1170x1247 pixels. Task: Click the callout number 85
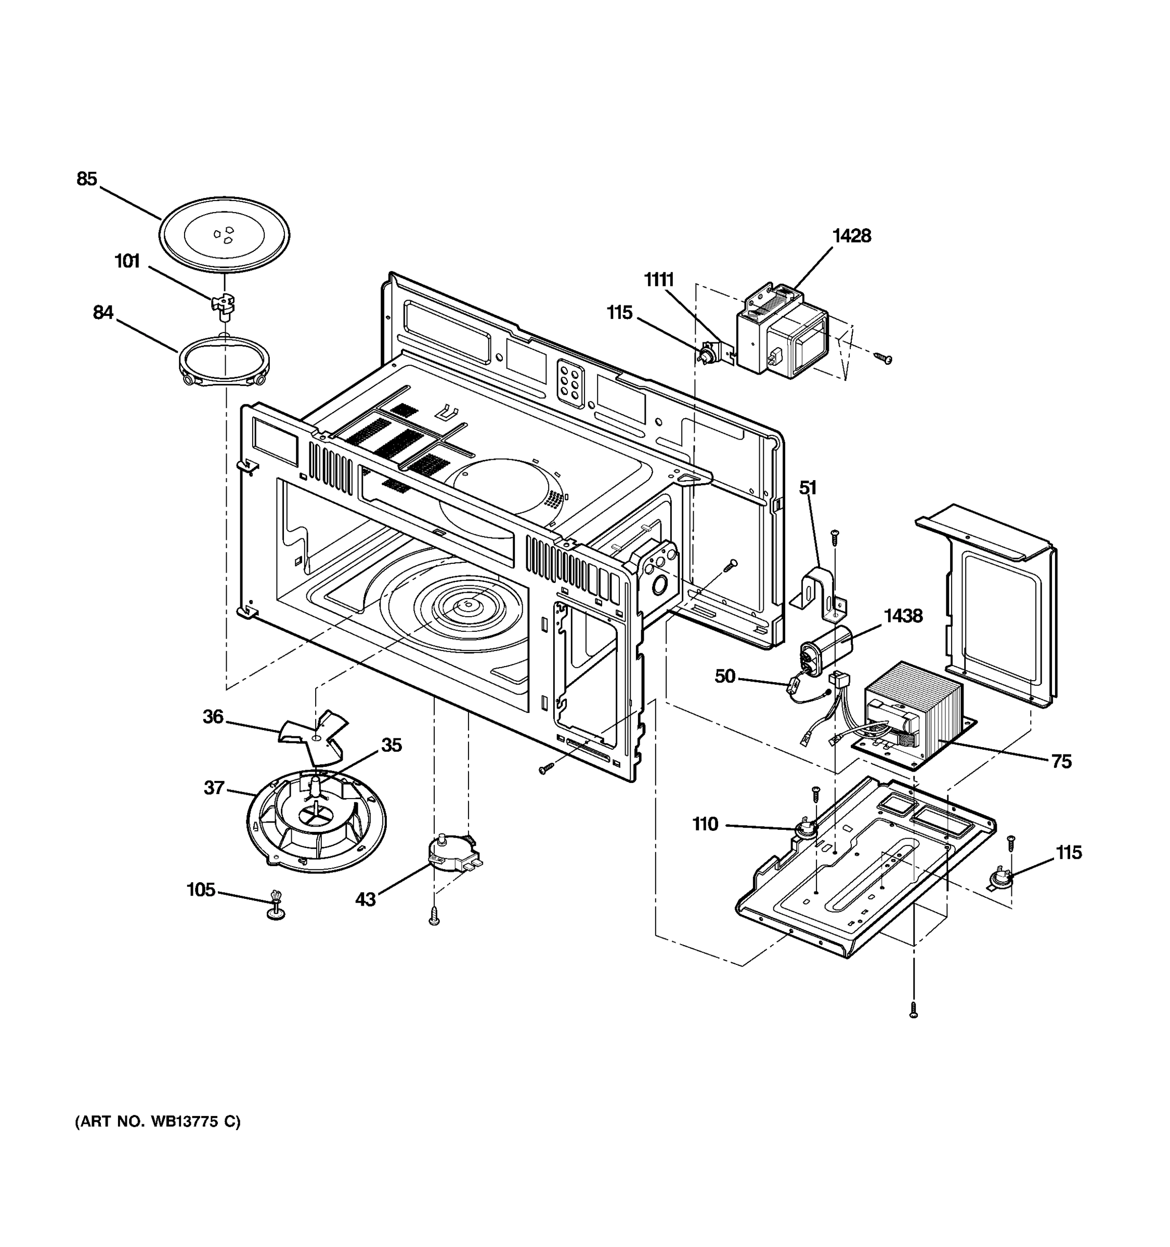87,179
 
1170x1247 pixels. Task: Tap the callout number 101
127,261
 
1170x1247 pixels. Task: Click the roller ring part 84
224,364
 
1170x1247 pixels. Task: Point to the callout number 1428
851,236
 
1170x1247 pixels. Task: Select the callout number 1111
658,280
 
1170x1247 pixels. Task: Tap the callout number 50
724,676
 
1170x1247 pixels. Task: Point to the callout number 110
705,824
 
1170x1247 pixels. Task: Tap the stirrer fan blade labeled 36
314,738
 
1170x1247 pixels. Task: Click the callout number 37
214,788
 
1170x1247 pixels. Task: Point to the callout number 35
391,745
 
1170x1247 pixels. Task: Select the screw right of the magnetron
884,358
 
